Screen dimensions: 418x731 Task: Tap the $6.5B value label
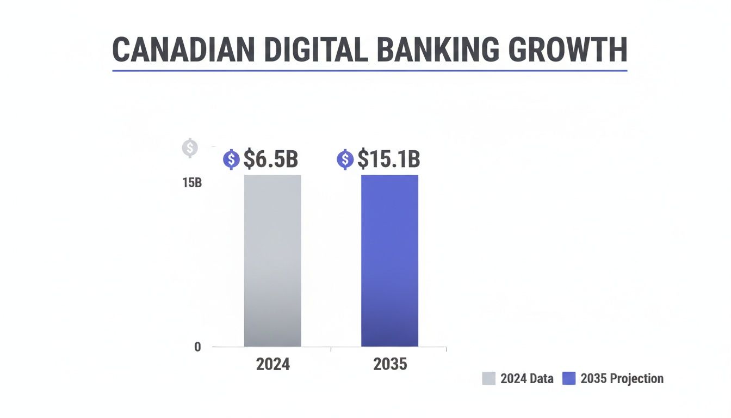[x=270, y=159]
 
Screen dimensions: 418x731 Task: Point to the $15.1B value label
[x=388, y=159]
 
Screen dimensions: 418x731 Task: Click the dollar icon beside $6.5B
[x=232, y=159]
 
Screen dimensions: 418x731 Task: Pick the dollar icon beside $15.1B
[x=345, y=159]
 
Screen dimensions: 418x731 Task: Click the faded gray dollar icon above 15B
[x=190, y=147]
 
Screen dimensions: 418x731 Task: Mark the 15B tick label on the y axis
[x=192, y=183]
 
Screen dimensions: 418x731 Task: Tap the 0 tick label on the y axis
[x=197, y=347]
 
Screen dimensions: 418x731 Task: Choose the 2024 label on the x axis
[x=273, y=364]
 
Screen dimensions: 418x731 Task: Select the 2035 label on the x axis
[x=390, y=364]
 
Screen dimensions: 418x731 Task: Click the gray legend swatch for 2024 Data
[x=488, y=378]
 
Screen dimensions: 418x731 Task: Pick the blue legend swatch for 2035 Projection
[x=568, y=378]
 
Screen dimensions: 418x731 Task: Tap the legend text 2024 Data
[x=526, y=378]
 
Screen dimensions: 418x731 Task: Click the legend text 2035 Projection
[x=622, y=378]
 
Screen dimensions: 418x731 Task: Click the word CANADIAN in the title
[x=183, y=50]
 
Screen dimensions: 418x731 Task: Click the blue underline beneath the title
[x=370, y=70]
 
